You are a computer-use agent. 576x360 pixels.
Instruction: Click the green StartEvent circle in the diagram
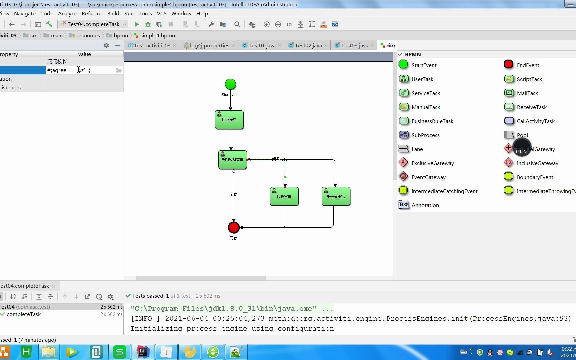coord(230,84)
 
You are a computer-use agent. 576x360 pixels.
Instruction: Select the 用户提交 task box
coord(229,120)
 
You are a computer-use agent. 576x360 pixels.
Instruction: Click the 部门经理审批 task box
coord(233,160)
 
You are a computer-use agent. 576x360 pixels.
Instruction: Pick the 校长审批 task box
coord(284,196)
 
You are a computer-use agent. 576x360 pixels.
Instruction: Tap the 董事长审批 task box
coord(336,196)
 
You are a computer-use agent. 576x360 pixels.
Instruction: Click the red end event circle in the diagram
coord(234,227)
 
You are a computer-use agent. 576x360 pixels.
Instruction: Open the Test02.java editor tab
coord(308,45)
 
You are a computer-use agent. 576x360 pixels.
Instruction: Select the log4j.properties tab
coord(209,45)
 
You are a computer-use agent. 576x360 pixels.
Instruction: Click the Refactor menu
coord(92,13)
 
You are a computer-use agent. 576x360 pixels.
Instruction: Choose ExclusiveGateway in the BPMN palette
coord(432,163)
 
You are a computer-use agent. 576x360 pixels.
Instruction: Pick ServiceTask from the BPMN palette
coord(425,93)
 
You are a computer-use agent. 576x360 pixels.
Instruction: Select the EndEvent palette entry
coord(528,65)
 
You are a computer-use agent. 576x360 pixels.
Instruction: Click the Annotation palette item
coord(425,205)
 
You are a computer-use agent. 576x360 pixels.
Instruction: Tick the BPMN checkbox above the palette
coord(400,54)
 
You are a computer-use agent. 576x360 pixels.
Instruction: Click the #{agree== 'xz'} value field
coord(80,70)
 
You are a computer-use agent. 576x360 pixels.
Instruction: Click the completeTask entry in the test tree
coord(23,314)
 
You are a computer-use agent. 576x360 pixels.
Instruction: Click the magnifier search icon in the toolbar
coord(237,24)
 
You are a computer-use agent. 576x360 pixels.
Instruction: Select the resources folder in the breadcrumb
coord(88,35)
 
